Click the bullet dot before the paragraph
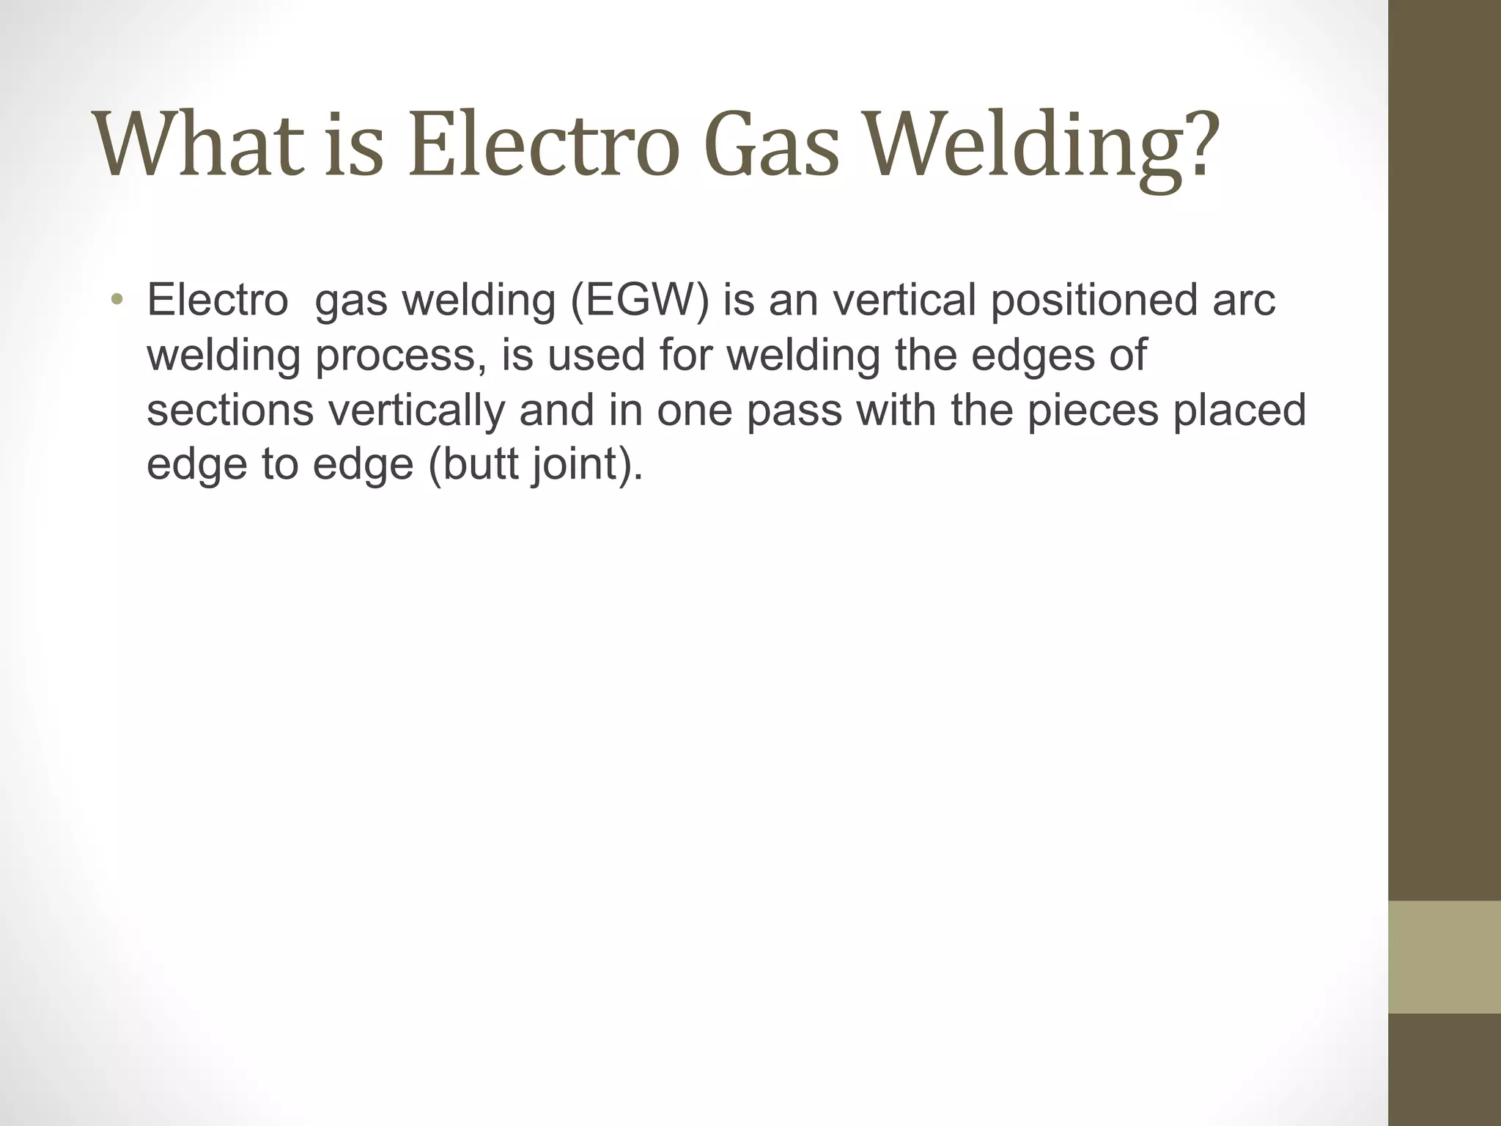click(117, 300)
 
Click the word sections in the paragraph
click(230, 410)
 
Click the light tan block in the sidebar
click(1444, 957)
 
